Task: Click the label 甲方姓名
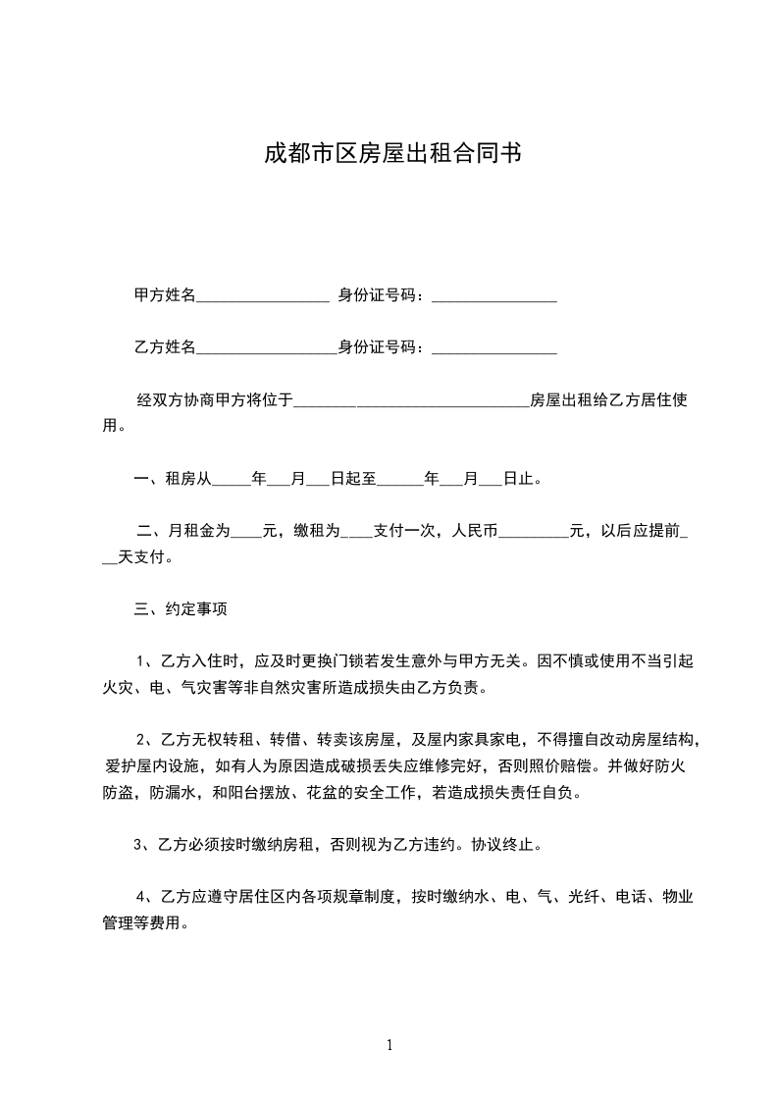tap(165, 295)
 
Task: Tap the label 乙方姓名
tap(165, 347)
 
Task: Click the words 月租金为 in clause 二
tap(199, 532)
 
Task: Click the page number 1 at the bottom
tap(389, 1045)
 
